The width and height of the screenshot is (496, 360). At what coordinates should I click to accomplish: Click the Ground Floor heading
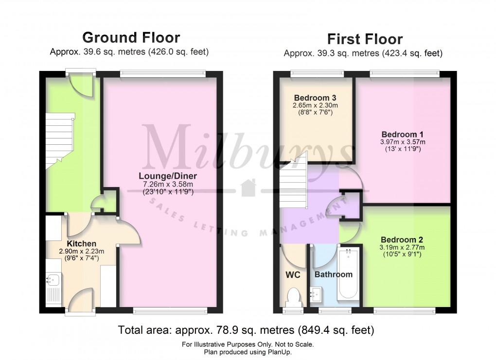click(x=131, y=37)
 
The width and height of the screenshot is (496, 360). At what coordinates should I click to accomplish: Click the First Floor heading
click(x=364, y=39)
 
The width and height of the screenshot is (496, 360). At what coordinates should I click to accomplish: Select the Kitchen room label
click(x=81, y=243)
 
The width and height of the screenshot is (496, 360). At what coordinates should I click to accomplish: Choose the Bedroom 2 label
click(x=401, y=240)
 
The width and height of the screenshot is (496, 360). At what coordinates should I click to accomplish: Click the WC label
click(x=293, y=274)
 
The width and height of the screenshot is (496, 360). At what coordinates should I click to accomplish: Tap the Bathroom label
click(x=333, y=274)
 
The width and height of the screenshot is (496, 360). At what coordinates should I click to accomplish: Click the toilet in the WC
click(x=294, y=296)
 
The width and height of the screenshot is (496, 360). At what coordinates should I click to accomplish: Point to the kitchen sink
click(x=53, y=280)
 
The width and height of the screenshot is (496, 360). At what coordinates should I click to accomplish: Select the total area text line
click(x=246, y=330)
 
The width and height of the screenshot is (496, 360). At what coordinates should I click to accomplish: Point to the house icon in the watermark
click(x=248, y=187)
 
